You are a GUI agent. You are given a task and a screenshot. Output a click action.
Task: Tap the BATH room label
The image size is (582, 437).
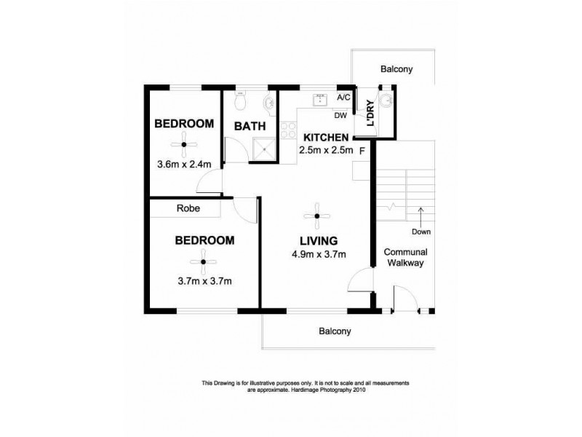pos(247,125)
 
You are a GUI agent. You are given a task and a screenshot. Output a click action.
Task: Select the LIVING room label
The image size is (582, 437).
pos(318,240)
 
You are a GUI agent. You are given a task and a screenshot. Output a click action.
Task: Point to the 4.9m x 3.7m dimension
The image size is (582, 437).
pos(318,254)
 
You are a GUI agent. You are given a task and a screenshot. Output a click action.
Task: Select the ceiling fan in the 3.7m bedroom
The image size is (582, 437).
pos(204,261)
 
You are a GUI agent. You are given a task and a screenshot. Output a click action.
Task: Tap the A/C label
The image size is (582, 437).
pos(344,98)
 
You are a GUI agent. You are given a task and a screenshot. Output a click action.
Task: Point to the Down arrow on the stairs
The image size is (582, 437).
pos(420,215)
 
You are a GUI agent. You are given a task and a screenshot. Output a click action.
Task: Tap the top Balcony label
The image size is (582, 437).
pos(396,70)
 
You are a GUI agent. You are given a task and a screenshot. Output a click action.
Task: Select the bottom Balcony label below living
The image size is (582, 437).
pos(335,331)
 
